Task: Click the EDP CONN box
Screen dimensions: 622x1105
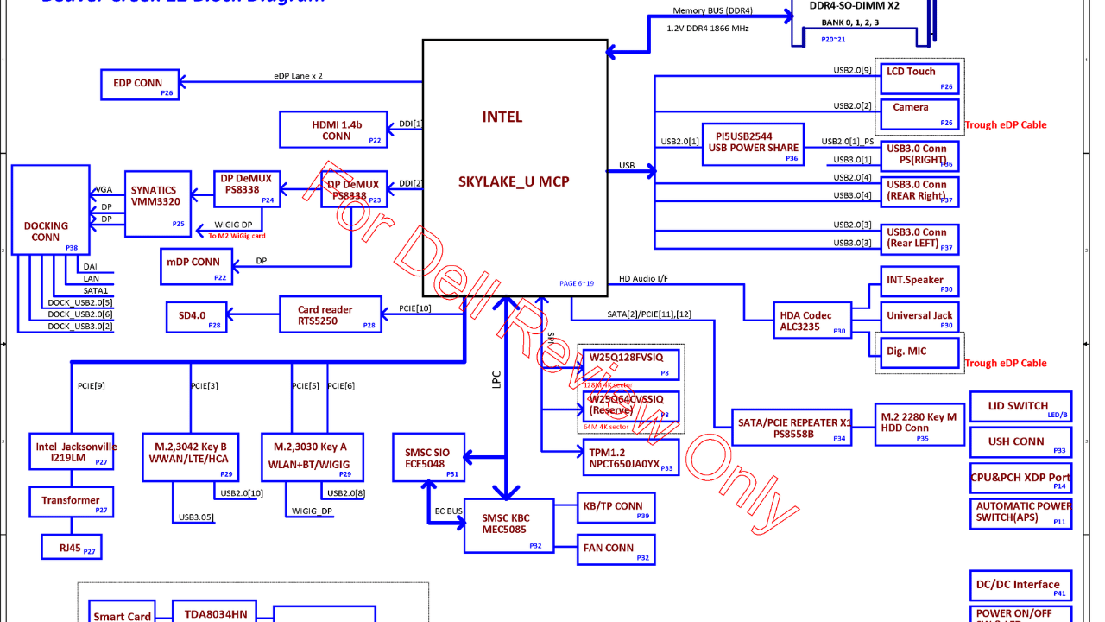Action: click(x=140, y=84)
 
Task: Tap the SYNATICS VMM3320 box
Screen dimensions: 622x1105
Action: click(x=158, y=204)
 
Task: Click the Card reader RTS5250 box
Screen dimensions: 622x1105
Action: click(x=330, y=315)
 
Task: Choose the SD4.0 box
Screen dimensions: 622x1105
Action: click(x=196, y=316)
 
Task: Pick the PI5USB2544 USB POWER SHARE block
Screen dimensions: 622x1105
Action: click(x=754, y=142)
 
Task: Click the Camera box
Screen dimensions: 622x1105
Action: click(x=920, y=113)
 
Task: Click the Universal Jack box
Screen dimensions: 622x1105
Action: click(x=920, y=316)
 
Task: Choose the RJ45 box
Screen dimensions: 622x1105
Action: click(x=71, y=547)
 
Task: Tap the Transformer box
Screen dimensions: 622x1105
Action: click(x=71, y=501)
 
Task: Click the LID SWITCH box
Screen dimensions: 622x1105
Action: click(x=1020, y=407)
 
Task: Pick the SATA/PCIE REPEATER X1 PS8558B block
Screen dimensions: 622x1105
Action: click(x=792, y=428)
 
